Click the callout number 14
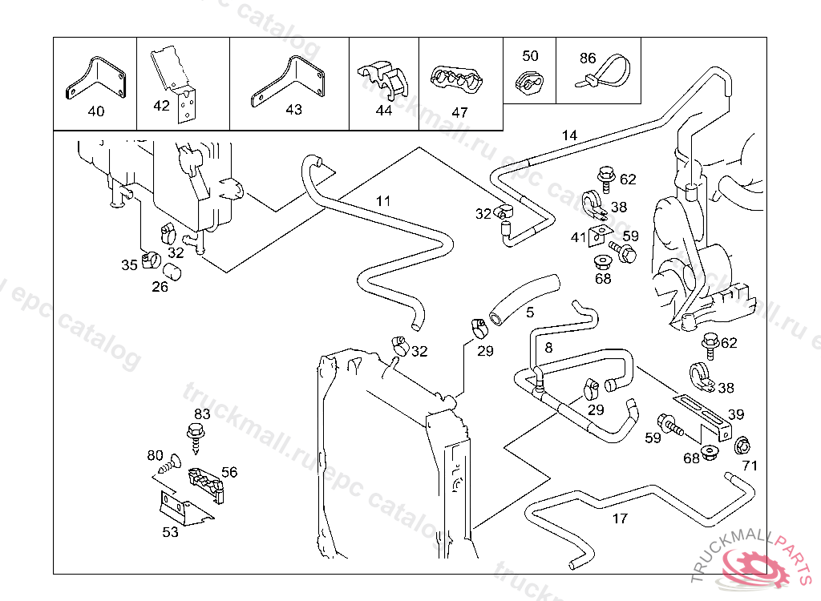pyautogui.click(x=569, y=135)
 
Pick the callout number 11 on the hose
pyautogui.click(x=383, y=200)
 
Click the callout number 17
pyautogui.click(x=620, y=518)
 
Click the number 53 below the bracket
pyautogui.click(x=170, y=532)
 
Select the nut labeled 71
pyautogui.click(x=742, y=445)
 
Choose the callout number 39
pyautogui.click(x=736, y=414)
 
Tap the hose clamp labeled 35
pyautogui.click(x=150, y=260)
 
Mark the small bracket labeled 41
pyautogui.click(x=597, y=236)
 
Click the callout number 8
pyautogui.click(x=548, y=348)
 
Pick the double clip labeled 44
pyautogui.click(x=382, y=79)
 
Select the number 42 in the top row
pyautogui.click(x=161, y=106)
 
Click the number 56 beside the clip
pyautogui.click(x=229, y=472)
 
